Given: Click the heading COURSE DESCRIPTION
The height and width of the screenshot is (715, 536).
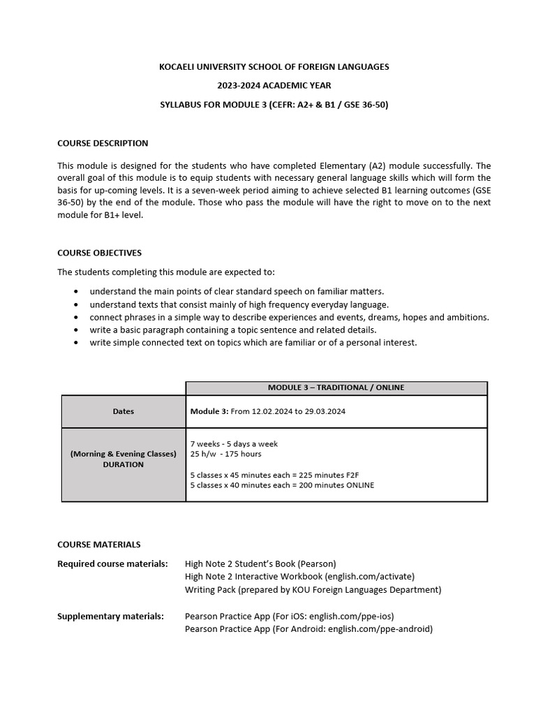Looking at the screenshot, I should coord(103,143).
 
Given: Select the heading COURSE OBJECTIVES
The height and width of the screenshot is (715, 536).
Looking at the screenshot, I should coord(99,253).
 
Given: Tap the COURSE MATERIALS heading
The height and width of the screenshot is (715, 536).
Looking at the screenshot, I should coord(98,544).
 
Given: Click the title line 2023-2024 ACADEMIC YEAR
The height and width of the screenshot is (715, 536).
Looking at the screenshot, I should coord(274,86).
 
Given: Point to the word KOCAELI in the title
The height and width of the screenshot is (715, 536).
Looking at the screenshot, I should coord(179,66).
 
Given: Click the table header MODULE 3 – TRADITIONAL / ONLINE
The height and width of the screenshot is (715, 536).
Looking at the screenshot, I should coord(336,388).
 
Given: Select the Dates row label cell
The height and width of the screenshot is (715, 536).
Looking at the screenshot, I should coord(124,411).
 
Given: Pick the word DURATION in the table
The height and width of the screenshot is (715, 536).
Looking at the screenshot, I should coord(123,464).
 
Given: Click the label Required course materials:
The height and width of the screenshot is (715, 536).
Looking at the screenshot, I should coord(112,563).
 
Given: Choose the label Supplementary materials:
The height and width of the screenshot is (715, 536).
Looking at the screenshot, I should coord(110,616).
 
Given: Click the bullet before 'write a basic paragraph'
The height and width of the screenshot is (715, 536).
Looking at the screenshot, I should coord(75,330).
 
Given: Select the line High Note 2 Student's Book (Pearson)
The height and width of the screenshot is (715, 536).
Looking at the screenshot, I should coord(260,563).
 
